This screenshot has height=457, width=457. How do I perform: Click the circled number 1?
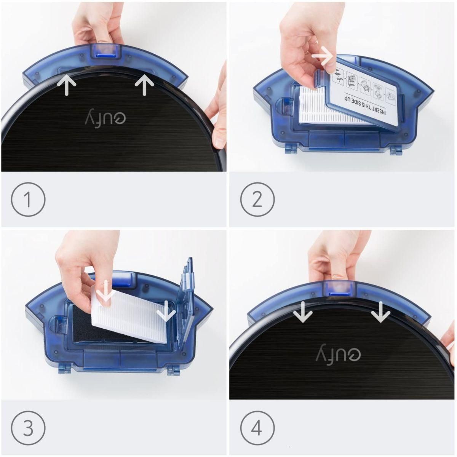point(28,199)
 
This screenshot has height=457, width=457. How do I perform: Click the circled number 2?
point(257,199)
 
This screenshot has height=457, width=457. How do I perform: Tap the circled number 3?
point(28,427)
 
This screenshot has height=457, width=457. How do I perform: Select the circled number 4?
point(257,427)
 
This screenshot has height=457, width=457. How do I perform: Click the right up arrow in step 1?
point(144,85)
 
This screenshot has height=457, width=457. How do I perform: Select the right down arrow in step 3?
point(166,310)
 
